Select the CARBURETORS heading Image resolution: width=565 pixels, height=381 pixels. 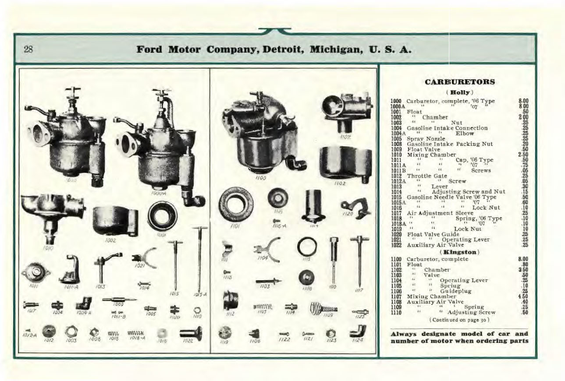click(460, 81)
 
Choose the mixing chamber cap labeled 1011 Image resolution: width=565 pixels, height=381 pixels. click(36, 271)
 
